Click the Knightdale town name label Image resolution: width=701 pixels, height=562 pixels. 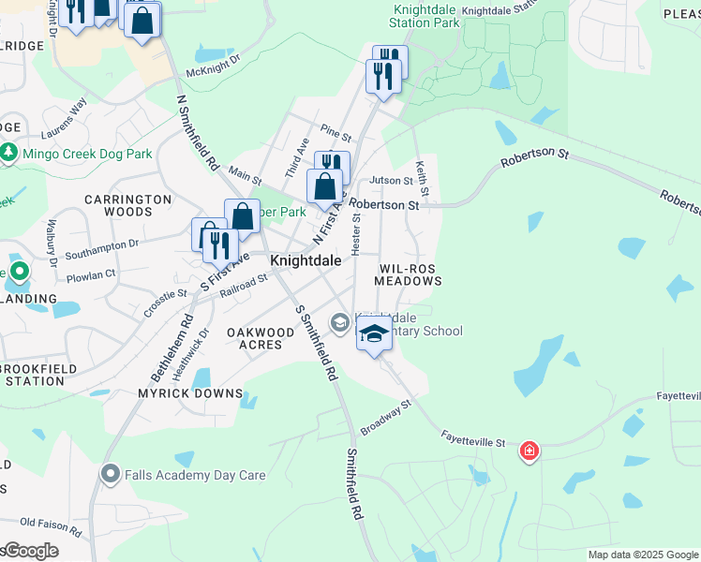click(x=305, y=260)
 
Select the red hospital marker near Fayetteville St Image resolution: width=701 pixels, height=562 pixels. click(x=529, y=452)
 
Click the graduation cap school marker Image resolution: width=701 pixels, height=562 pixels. click(x=374, y=334)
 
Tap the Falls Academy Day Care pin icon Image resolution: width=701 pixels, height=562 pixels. click(x=112, y=474)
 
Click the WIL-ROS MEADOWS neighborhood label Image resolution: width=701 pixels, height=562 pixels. click(x=409, y=274)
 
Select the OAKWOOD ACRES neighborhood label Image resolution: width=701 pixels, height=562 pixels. click(x=261, y=338)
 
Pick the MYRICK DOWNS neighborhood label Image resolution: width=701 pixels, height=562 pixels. click(x=191, y=393)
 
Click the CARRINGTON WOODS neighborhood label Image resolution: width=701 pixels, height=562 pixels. click(x=128, y=205)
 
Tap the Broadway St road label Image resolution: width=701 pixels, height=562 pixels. click(x=386, y=419)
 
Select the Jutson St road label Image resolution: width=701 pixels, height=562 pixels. click(x=392, y=180)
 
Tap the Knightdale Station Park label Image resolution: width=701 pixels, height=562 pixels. click(x=425, y=15)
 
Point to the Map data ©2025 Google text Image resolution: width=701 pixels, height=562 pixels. click(x=642, y=555)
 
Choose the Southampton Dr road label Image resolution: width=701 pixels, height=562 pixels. click(x=102, y=244)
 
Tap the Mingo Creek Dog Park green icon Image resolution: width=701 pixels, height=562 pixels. click(x=9, y=151)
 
